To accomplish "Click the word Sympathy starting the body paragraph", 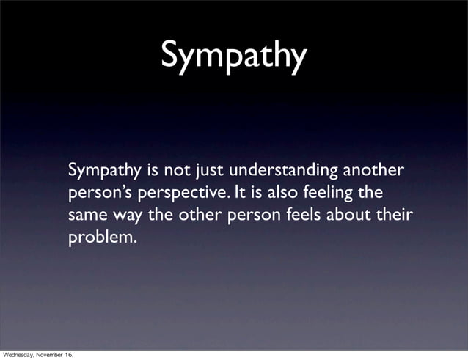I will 104,172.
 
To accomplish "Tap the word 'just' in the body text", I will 209,172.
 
